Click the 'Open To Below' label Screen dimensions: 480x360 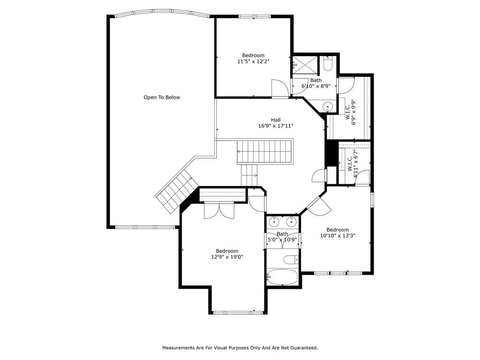(x=162, y=97)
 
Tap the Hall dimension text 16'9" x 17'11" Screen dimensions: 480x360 (x=276, y=126)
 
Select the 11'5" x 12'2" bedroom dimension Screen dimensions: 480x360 (x=253, y=61)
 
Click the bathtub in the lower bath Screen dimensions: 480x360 (x=282, y=277)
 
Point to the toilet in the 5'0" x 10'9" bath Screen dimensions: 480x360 (x=291, y=260)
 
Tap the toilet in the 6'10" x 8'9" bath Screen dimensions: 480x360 (x=328, y=64)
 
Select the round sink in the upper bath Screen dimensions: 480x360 (x=328, y=107)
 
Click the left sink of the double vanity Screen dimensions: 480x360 (x=274, y=221)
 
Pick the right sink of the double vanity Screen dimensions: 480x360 (x=292, y=221)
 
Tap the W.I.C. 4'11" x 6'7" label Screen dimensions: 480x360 (x=352, y=164)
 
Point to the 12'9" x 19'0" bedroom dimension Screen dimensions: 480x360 (x=227, y=257)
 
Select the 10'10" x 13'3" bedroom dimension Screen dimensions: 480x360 (x=337, y=236)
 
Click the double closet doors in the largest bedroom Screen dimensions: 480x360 (x=219, y=210)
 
